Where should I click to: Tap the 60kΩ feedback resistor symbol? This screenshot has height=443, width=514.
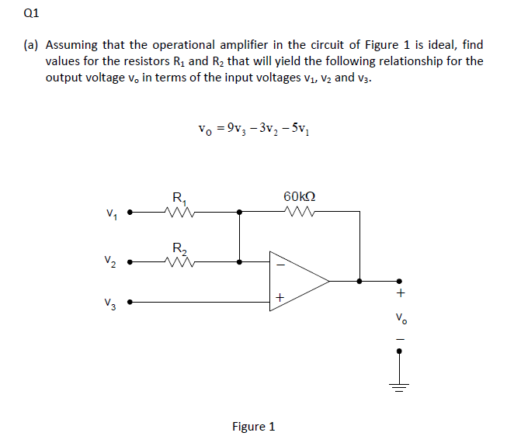click(299, 210)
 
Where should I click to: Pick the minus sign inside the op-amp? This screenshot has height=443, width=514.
click(280, 266)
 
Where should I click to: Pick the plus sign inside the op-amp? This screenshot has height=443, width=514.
click(280, 297)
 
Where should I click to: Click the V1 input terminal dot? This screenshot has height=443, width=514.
click(130, 210)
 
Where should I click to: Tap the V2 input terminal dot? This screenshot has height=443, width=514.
click(130, 261)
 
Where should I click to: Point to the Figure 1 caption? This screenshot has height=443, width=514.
click(254, 426)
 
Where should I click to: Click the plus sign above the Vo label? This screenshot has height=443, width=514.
click(400, 293)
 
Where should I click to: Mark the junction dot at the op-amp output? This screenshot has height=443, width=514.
click(359, 282)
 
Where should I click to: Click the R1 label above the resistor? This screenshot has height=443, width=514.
click(179, 194)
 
